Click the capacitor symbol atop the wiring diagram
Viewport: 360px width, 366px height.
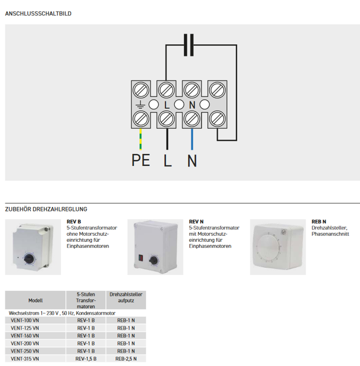tap(189, 45)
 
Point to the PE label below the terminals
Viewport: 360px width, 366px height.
tap(140, 160)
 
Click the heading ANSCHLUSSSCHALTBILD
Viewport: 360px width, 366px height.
tap(38, 14)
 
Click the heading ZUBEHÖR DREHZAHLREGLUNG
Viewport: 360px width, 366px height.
tap(46, 209)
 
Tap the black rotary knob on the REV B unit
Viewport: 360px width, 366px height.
tap(28, 256)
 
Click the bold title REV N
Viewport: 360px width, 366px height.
tap(196, 222)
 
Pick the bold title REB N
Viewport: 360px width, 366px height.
tap(319, 222)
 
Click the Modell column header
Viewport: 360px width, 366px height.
tap(35, 300)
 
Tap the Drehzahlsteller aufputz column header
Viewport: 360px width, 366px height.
tap(126, 297)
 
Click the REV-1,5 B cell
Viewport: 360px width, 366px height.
tap(86, 359)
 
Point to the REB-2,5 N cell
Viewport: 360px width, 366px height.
tap(126, 359)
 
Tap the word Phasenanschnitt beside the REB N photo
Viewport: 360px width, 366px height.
tap(330, 234)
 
